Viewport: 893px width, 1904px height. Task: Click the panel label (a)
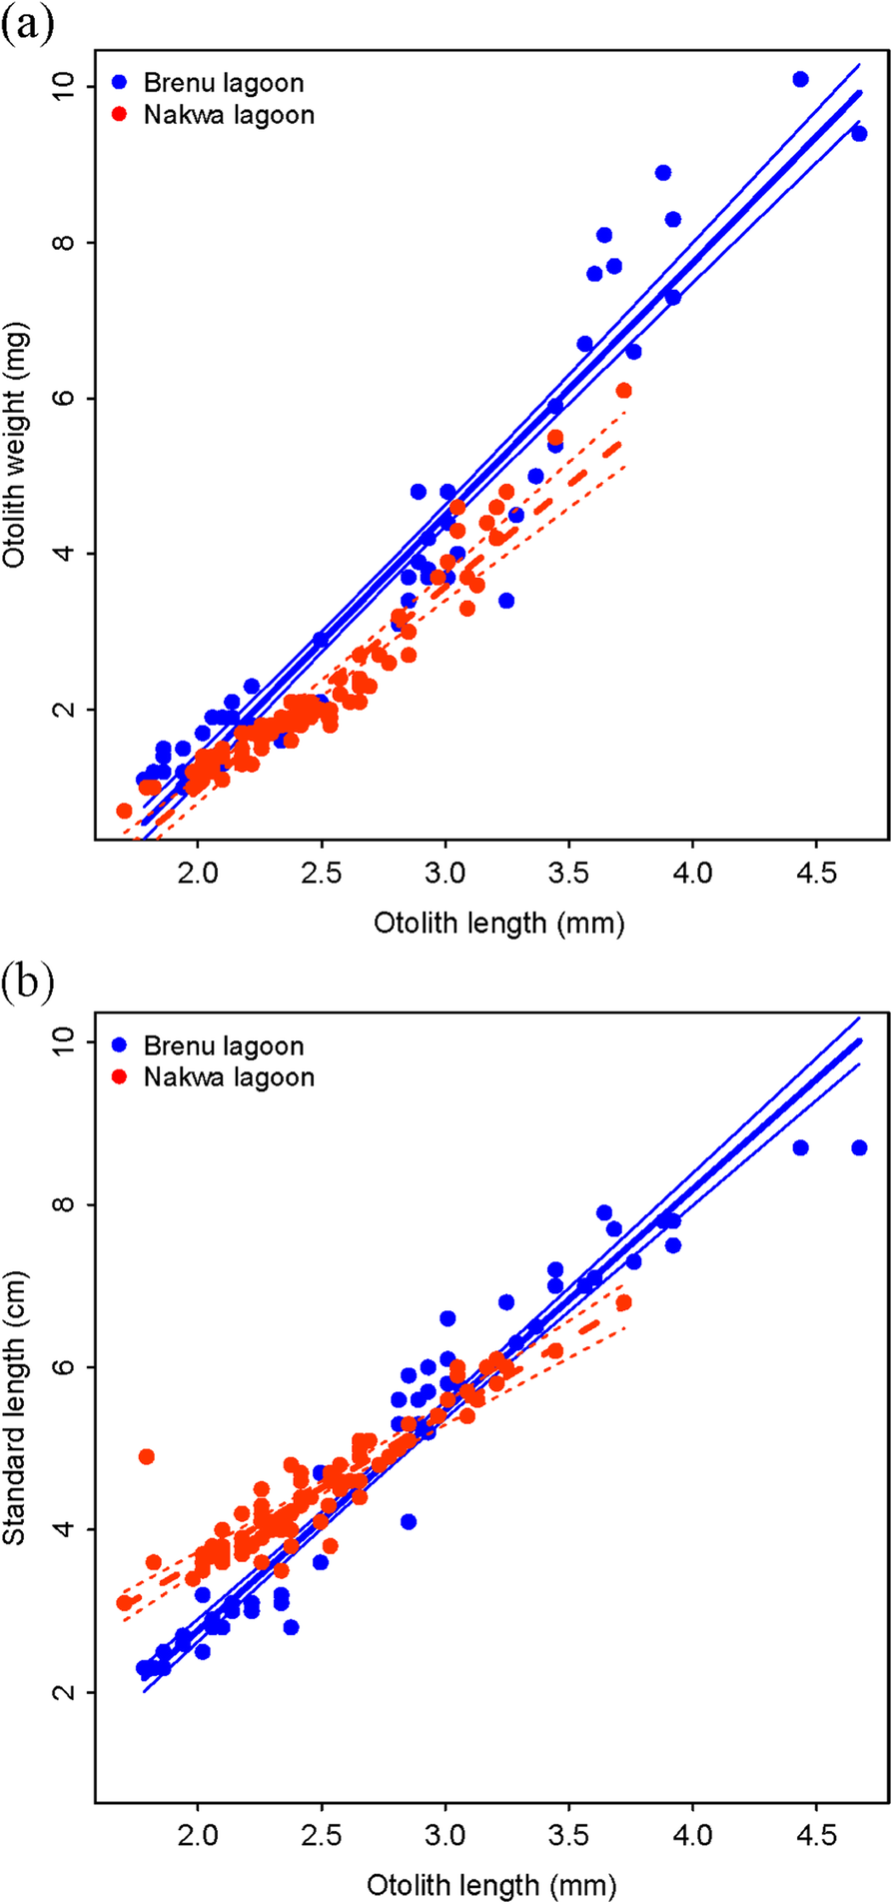coord(27,23)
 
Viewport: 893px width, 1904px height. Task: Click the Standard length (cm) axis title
coord(15,1409)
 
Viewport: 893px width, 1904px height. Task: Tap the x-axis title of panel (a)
coord(498,923)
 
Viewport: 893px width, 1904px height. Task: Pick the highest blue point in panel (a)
coord(800,79)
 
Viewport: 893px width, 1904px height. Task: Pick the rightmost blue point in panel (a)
coord(858,134)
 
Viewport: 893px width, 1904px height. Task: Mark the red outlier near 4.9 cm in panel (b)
coord(146,1456)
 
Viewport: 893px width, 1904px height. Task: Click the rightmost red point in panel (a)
coord(623,390)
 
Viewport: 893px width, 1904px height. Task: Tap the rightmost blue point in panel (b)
coord(858,1147)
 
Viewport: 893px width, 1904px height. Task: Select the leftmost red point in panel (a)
coord(124,811)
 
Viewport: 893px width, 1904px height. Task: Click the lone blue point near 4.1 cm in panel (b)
coord(408,1521)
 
